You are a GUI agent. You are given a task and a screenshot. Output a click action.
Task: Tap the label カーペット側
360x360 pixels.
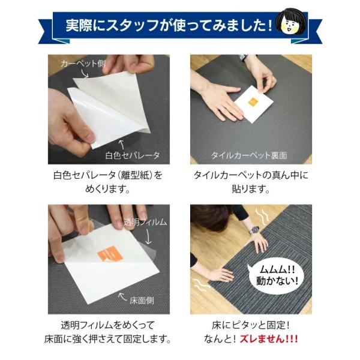pyautogui.click(x=83, y=64)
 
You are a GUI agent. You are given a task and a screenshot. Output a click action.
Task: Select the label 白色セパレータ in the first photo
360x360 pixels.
pyautogui.click(x=133, y=155)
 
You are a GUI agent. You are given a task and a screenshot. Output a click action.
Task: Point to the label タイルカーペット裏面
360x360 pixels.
pyautogui.click(x=250, y=155)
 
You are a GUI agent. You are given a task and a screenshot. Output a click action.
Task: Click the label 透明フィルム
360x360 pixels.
pyautogui.click(x=145, y=222)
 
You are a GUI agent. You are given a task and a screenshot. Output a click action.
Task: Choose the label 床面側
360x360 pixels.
pyautogui.click(x=142, y=301)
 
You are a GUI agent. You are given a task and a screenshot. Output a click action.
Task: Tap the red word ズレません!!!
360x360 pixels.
pyautogui.click(x=269, y=338)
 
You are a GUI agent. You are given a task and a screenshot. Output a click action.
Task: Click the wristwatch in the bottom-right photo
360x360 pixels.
pyautogui.click(x=254, y=230)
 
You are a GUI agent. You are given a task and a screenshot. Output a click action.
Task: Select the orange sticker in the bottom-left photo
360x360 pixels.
pyautogui.click(x=110, y=253)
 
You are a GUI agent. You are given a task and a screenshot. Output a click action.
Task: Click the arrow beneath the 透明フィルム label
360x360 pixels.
pyautogui.click(x=148, y=237)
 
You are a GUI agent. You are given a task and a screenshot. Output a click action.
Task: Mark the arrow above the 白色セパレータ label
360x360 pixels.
pyautogui.click(x=122, y=145)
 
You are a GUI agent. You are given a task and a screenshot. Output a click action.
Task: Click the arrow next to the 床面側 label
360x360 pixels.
pyautogui.click(x=122, y=296)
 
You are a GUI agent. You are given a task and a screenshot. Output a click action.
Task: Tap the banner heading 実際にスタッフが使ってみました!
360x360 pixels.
pyautogui.click(x=169, y=25)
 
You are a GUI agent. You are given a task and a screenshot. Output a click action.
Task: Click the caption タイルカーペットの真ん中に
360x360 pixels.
pyautogui.click(x=251, y=175)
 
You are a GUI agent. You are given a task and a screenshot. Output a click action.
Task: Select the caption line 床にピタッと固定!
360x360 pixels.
pyautogui.click(x=251, y=325)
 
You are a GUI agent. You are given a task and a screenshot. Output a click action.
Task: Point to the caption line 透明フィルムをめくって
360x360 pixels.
pyautogui.click(x=107, y=325)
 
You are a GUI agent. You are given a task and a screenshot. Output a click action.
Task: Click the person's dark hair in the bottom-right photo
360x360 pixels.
pyautogui.click(x=211, y=217)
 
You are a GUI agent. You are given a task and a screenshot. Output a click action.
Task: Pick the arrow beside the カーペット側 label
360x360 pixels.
pyautogui.click(x=85, y=73)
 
